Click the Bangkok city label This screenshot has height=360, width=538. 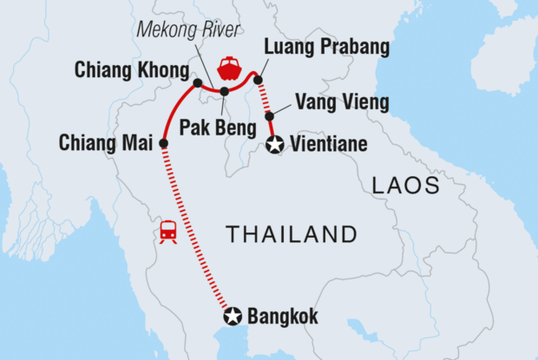click(x=283, y=317)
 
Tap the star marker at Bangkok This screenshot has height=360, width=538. click(x=233, y=316)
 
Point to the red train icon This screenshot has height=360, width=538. click(x=167, y=232)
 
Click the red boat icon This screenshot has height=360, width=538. click(x=229, y=67)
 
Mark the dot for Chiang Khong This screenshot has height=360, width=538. click(x=198, y=83)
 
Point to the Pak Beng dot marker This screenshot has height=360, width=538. click(x=224, y=91)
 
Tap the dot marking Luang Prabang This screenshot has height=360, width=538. click(x=258, y=80)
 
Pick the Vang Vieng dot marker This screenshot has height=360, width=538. click(x=270, y=116)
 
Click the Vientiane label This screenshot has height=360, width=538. click(x=330, y=145)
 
